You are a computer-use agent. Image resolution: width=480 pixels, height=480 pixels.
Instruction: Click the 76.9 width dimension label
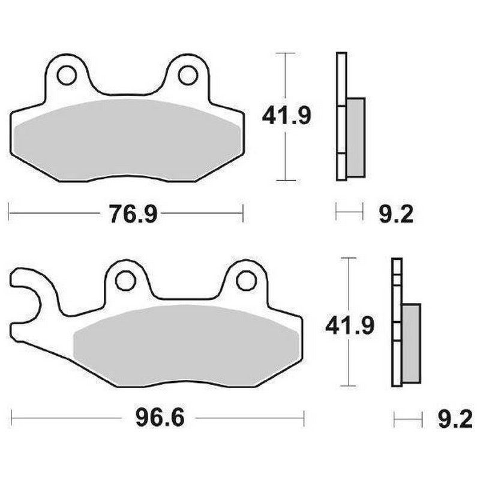point(133,213)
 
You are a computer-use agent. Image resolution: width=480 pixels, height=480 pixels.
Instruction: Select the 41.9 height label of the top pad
point(286,115)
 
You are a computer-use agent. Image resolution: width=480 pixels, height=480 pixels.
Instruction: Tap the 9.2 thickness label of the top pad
point(396,213)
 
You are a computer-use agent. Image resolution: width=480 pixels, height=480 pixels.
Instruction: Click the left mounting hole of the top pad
point(67,75)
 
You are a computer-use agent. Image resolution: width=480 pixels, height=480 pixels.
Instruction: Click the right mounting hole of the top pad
point(187,75)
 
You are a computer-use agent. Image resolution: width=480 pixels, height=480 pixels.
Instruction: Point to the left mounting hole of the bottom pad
point(125,280)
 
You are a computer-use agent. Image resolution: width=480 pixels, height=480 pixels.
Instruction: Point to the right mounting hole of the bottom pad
point(245,280)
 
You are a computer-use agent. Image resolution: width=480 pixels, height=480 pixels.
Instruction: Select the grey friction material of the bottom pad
point(186,345)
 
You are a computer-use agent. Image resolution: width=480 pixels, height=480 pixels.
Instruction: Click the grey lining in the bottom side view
point(412,343)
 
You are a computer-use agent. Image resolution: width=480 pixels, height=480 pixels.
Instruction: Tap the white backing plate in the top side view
point(341,78)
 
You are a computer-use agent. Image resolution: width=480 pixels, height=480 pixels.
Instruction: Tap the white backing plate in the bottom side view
point(396,282)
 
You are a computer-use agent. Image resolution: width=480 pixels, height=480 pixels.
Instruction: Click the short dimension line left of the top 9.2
point(349,212)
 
